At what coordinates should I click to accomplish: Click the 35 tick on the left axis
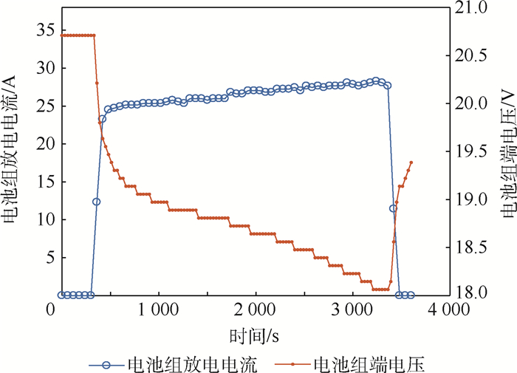click(44, 30)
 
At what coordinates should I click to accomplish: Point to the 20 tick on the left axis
click(44, 144)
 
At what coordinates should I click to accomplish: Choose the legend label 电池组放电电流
click(192, 364)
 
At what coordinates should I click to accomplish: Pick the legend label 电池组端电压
click(370, 364)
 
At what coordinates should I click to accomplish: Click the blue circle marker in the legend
click(106, 364)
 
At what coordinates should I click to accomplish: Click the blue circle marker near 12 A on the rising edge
click(96, 202)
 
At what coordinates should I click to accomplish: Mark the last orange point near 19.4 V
click(411, 162)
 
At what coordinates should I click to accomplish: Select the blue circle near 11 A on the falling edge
click(393, 208)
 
